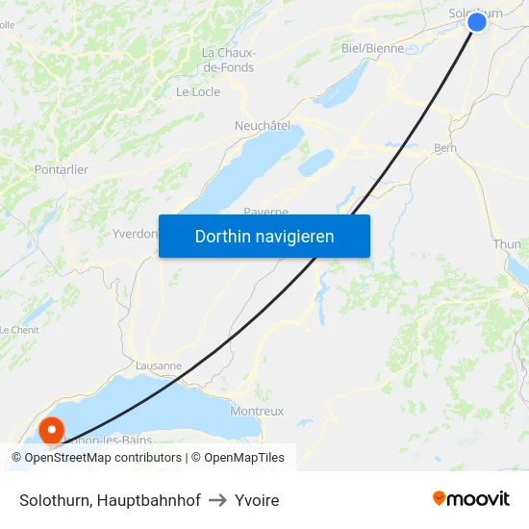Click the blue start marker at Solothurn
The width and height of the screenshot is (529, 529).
click(476, 21)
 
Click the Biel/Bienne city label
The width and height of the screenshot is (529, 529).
click(372, 48)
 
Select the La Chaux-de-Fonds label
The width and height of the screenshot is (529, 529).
click(228, 60)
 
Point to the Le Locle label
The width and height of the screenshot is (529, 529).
click(198, 92)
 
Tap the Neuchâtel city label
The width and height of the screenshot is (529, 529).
click(263, 126)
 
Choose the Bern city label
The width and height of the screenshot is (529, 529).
click(445, 148)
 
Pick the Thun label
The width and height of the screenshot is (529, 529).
click(507, 244)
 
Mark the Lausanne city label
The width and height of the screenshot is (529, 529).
click(159, 365)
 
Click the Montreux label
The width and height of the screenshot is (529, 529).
click(257, 411)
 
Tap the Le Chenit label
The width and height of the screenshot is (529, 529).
click(17, 329)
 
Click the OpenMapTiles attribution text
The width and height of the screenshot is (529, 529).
click(238, 458)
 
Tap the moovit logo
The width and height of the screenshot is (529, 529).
click(471, 499)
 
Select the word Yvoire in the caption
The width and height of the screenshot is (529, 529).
click(255, 500)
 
